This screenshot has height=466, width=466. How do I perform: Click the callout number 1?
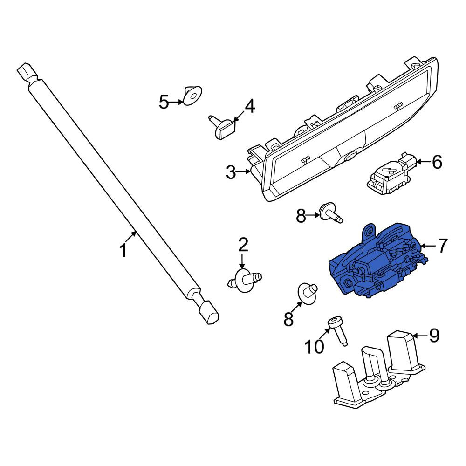tap(123, 250)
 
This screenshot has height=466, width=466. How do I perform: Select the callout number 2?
tap(243, 245)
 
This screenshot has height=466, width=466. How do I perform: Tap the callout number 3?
tap(231, 172)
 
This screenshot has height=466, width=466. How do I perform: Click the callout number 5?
tap(164, 102)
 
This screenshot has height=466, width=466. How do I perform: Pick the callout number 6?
tap(437, 162)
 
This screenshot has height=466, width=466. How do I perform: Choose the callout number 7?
tap(442, 246)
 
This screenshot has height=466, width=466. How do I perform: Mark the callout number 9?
tap(434, 336)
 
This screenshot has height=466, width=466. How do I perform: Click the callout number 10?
tap(314, 347)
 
